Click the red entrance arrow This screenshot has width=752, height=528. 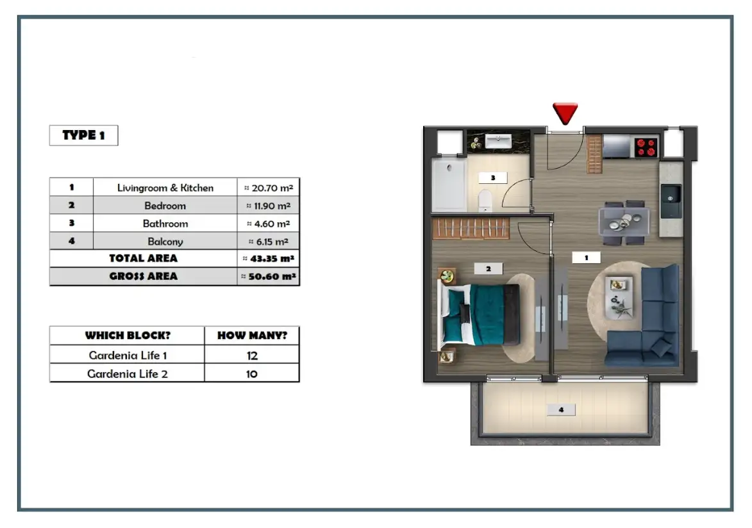pyautogui.click(x=565, y=113)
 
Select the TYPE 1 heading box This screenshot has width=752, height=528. pyautogui.click(x=83, y=136)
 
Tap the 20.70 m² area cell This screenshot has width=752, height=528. pyautogui.click(x=268, y=188)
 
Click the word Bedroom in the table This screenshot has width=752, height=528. pyautogui.click(x=165, y=206)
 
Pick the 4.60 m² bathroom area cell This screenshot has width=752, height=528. pyautogui.click(x=268, y=224)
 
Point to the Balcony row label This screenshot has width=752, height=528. pyautogui.click(x=165, y=242)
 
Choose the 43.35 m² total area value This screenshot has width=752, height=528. pyautogui.click(x=268, y=259)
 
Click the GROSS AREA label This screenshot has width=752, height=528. pyautogui.click(x=143, y=277)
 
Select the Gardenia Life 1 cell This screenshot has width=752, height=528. pyautogui.click(x=127, y=355)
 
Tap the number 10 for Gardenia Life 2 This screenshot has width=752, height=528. pyautogui.click(x=251, y=374)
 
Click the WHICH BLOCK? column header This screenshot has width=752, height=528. pyautogui.click(x=127, y=336)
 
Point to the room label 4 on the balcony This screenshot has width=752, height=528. pyautogui.click(x=561, y=409)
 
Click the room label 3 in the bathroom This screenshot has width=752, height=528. pyautogui.click(x=492, y=177)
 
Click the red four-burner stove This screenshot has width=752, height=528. pyautogui.click(x=646, y=147)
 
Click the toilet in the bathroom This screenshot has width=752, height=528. pyautogui.click(x=485, y=200)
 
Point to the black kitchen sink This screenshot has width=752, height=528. pyautogui.click(x=671, y=200)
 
